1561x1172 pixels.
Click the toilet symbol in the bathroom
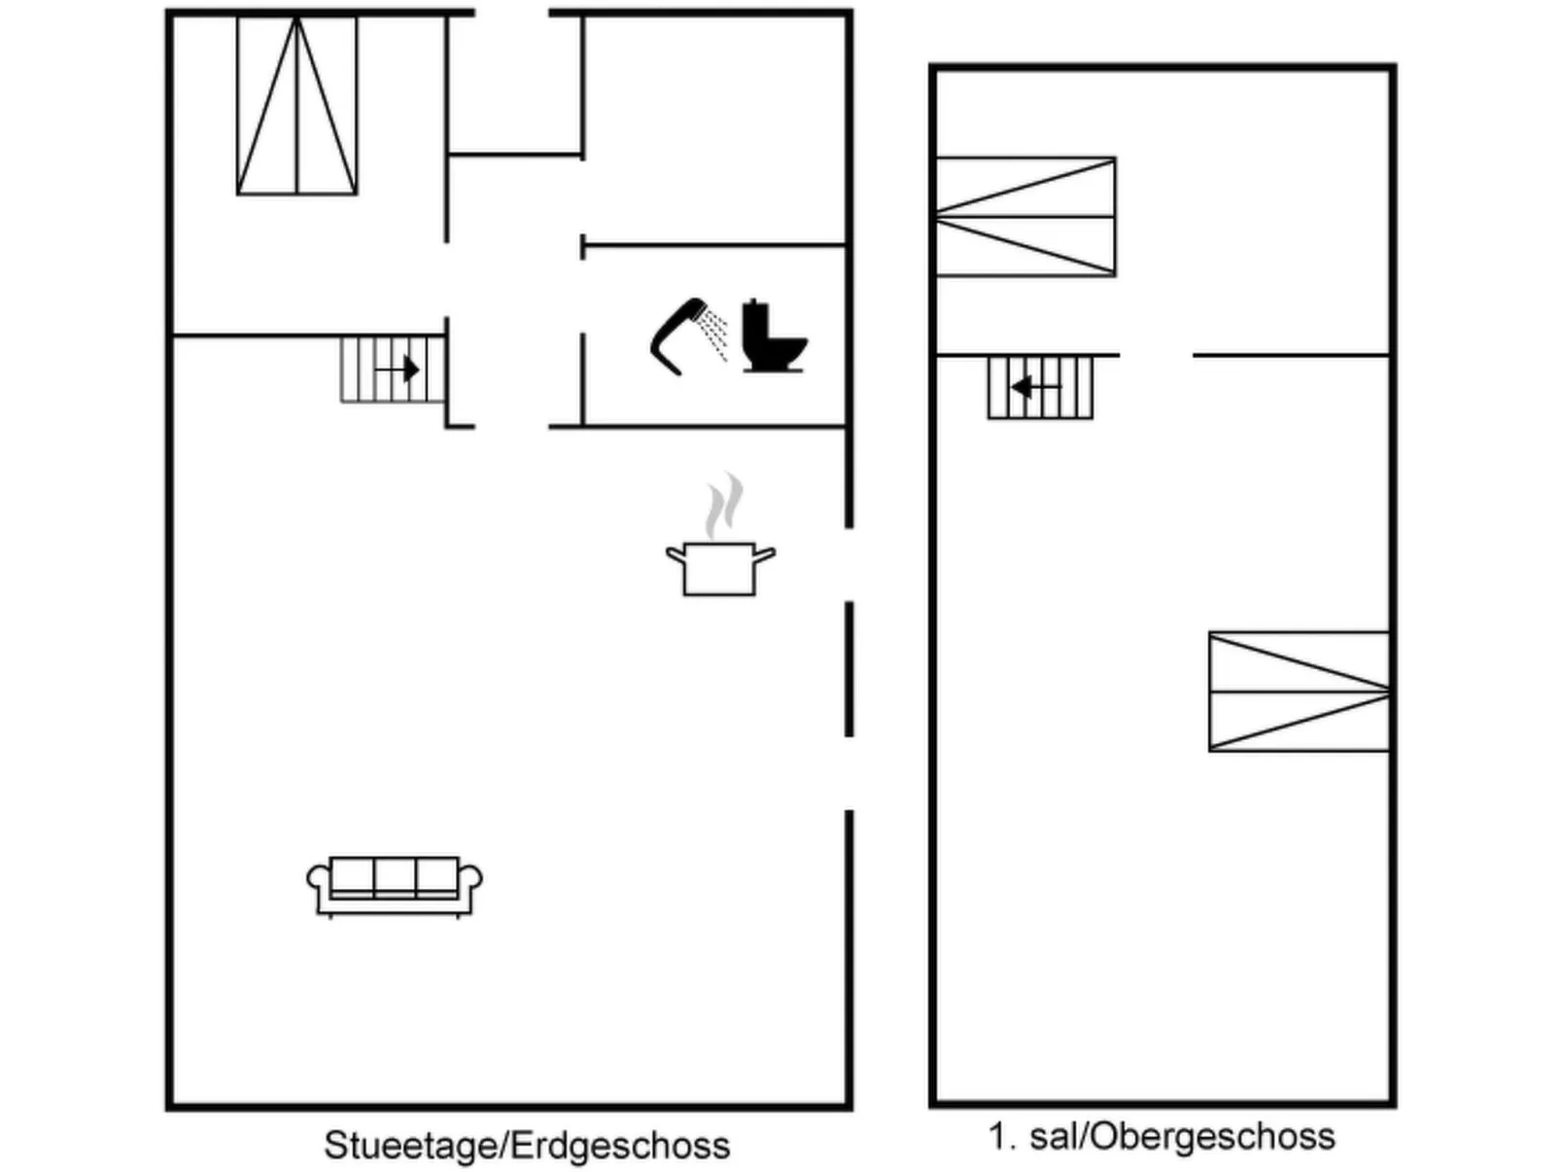(x=774, y=338)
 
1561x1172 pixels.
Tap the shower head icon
(x=676, y=333)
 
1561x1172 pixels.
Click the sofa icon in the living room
(x=395, y=885)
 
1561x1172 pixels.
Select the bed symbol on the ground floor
(x=297, y=106)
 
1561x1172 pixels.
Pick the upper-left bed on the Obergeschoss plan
(x=1024, y=217)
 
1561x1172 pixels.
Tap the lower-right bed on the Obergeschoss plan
(x=1299, y=692)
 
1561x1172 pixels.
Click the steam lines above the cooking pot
(x=724, y=504)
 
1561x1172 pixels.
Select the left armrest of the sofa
(x=318, y=879)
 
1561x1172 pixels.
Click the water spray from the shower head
(x=715, y=333)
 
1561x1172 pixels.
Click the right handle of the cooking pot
(x=765, y=555)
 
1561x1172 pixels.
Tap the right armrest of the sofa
(x=471, y=879)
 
